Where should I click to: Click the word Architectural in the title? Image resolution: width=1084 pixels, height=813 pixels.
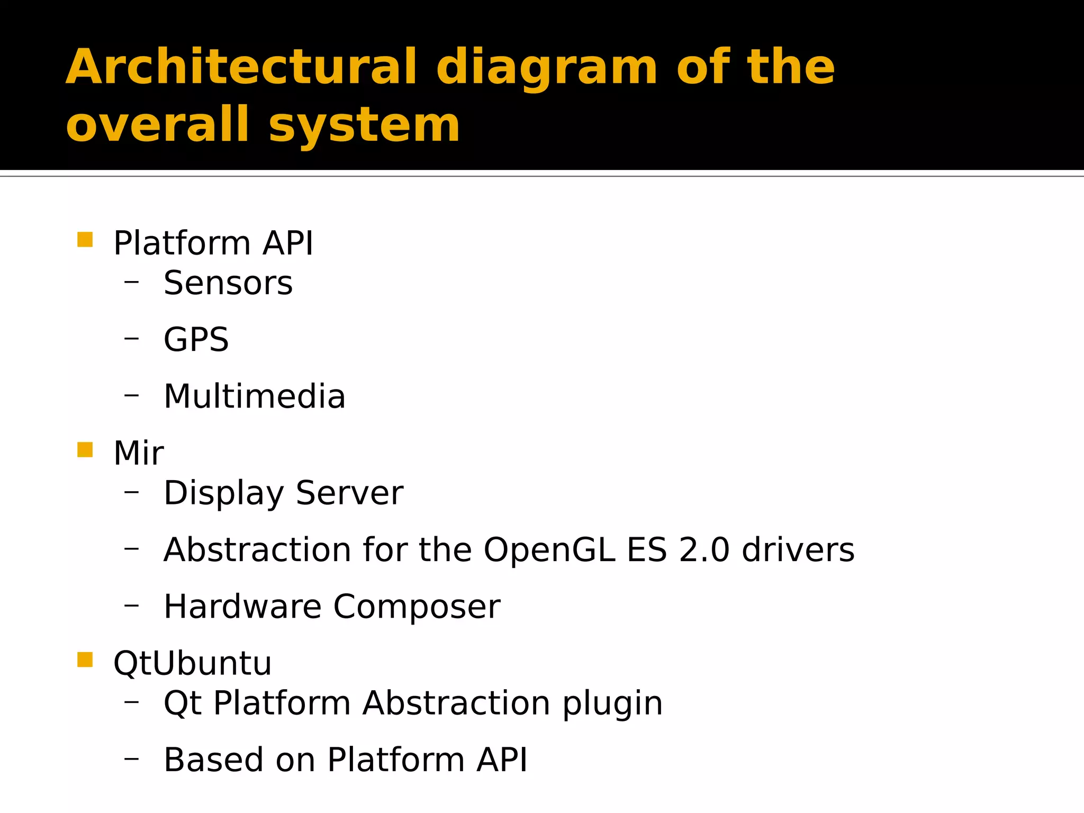[x=241, y=67]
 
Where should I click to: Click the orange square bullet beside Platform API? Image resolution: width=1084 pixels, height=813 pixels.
[x=85, y=240]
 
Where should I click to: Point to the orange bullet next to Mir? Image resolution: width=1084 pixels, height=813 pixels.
[x=85, y=449]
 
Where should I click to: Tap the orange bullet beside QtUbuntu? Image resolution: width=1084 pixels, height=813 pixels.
[x=85, y=660]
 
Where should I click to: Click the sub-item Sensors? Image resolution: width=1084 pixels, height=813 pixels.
[x=228, y=283]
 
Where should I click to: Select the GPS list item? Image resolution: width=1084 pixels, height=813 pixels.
[x=196, y=340]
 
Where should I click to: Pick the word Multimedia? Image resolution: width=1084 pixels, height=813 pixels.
[x=254, y=396]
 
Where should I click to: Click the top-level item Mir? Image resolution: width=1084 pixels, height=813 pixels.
[x=139, y=454]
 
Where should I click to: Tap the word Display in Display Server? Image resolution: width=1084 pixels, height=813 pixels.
[x=223, y=494]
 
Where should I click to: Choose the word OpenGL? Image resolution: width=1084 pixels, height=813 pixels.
[x=549, y=550]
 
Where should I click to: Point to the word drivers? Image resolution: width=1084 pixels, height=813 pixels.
[x=798, y=550]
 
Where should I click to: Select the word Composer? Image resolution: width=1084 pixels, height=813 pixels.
[x=417, y=607]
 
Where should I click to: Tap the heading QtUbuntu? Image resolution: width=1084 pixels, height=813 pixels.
[x=192, y=663]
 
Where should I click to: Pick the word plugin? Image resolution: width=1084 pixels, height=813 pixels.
[x=612, y=704]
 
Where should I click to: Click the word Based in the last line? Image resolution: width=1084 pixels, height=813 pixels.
[x=213, y=760]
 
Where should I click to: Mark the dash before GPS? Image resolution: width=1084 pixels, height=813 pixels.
[x=131, y=337]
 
